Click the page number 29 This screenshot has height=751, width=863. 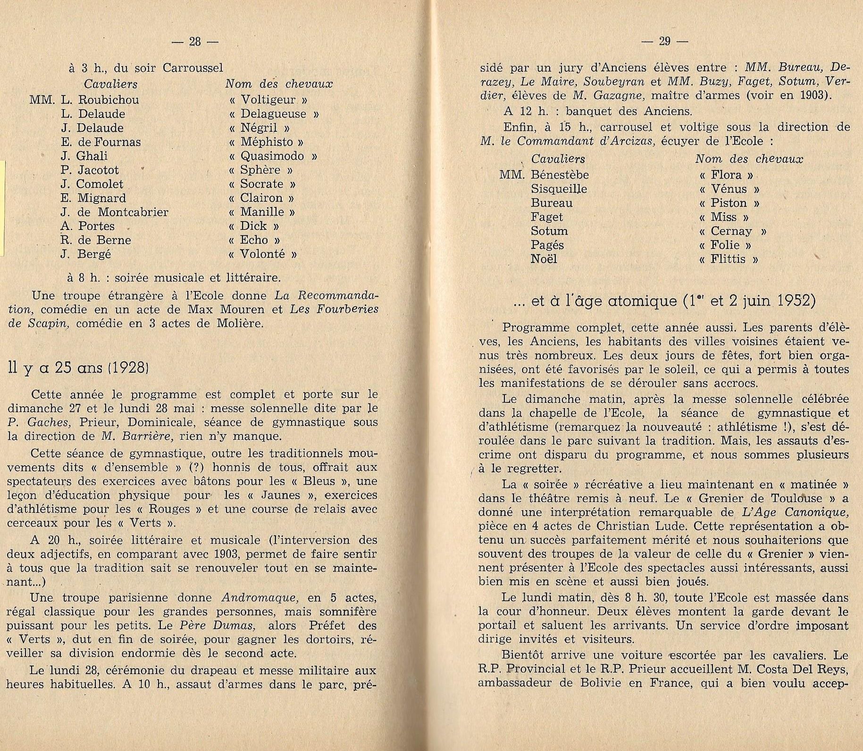pyautogui.click(x=664, y=42)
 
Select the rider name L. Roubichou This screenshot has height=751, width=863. pyautogui.click(x=100, y=100)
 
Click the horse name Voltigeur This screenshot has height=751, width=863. pyautogui.click(x=268, y=100)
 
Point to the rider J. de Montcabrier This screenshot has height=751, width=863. pyautogui.click(x=114, y=212)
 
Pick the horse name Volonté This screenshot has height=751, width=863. pyautogui.click(x=262, y=254)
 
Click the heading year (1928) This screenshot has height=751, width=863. pyautogui.click(x=129, y=367)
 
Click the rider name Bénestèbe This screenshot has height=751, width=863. pyautogui.click(x=560, y=175)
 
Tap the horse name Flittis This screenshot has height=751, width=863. pyautogui.click(x=729, y=259)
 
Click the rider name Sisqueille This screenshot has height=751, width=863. pyautogui.click(x=559, y=189)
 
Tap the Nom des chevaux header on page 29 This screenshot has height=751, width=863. pyautogui.click(x=749, y=159)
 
